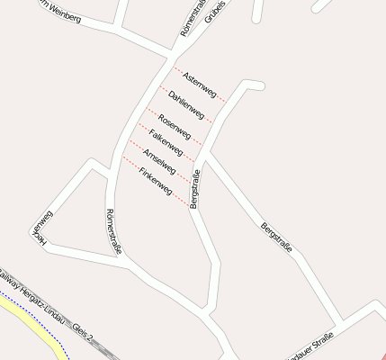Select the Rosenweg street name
(x=175, y=126)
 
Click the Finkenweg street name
(x=155, y=180)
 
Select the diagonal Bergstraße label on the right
(x=276, y=238)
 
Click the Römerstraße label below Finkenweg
(x=112, y=229)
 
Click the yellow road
(x=36, y=328)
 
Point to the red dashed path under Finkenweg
(x=153, y=189)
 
